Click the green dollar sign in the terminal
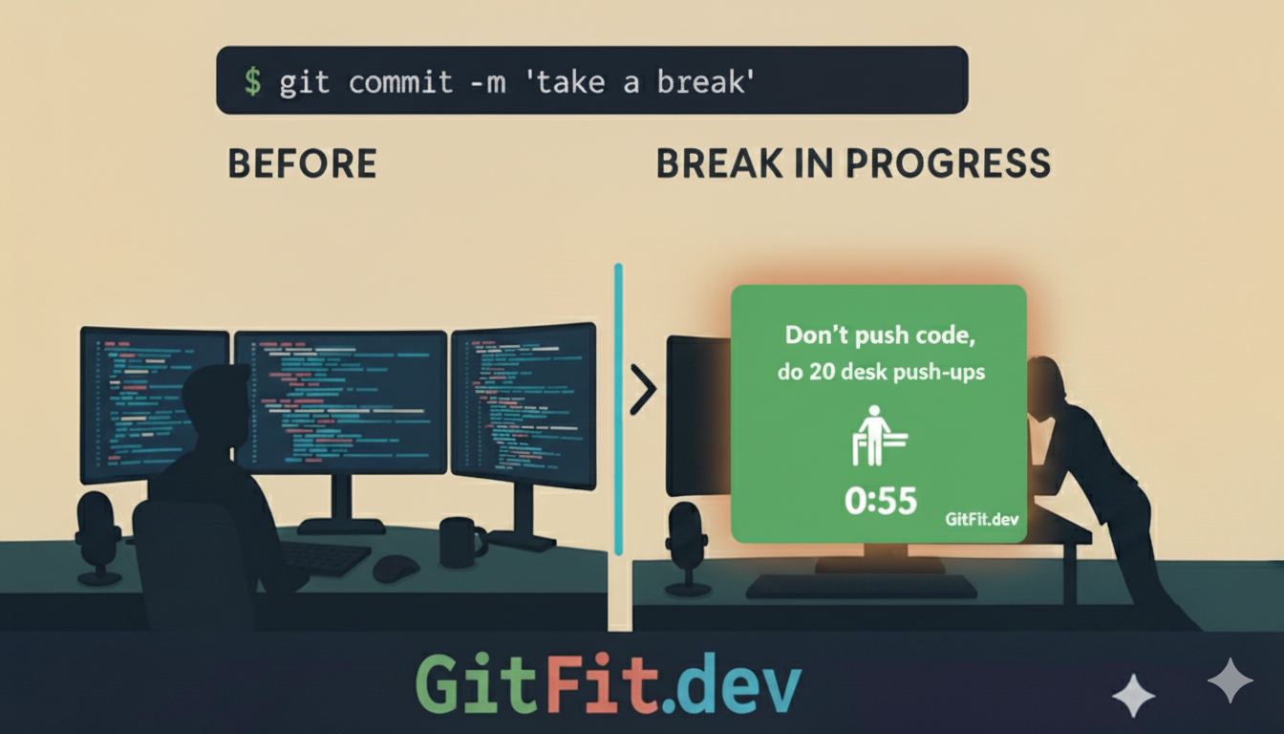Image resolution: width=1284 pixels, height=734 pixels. point(252,80)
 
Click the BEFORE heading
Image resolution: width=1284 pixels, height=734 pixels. point(302,163)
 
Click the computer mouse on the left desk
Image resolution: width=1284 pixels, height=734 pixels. point(396,568)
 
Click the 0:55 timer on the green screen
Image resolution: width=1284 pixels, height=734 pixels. point(880,500)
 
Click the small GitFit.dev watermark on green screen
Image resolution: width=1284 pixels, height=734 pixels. point(982,519)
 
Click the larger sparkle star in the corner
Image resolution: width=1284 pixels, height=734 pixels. point(1230,680)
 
